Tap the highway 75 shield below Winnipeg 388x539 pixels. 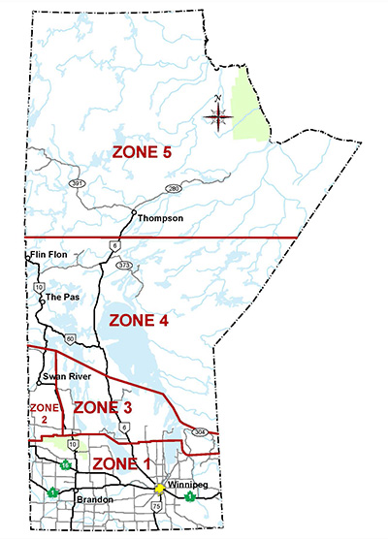coord(158,506)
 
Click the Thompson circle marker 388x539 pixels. coord(133,211)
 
